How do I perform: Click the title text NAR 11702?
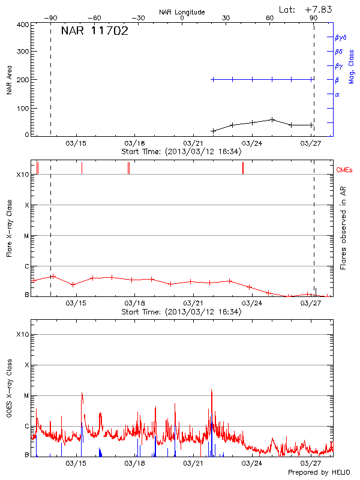94,31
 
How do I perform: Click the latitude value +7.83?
319,9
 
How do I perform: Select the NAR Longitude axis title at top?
182,12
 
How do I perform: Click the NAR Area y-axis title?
9,80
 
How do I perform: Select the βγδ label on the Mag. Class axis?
340,37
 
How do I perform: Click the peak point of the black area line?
272,119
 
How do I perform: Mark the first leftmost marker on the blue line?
213,79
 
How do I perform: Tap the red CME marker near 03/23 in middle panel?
242,168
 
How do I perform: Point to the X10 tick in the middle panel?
23,175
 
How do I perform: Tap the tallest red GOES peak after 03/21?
211,390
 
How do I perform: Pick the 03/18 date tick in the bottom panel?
134,463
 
